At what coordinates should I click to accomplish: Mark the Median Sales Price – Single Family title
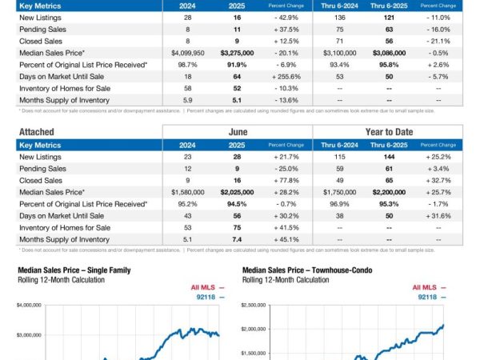click(x=74, y=270)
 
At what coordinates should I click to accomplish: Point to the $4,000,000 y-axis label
click(x=30, y=305)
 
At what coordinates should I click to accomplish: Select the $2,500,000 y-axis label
click(x=254, y=305)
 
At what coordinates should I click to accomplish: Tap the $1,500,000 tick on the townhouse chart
click(x=254, y=351)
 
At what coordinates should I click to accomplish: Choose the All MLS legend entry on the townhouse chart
click(x=430, y=286)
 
